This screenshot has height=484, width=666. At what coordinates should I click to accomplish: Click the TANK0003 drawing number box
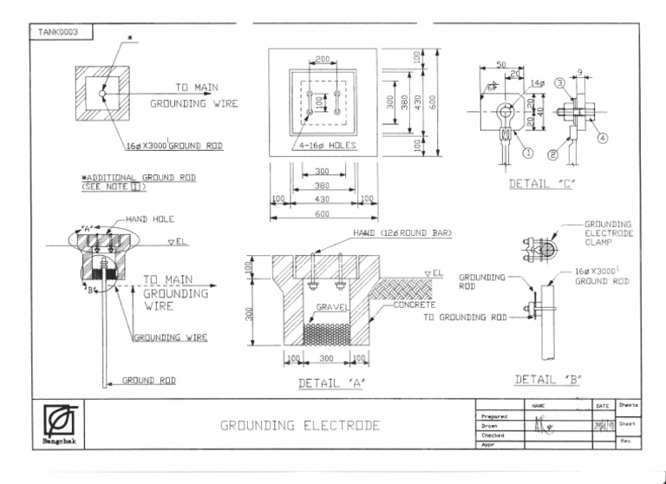click(x=59, y=32)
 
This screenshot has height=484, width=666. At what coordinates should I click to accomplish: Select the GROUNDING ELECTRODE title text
click(x=299, y=425)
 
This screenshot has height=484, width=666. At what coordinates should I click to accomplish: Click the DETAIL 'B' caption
click(x=547, y=379)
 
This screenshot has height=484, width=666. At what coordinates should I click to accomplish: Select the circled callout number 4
click(x=602, y=137)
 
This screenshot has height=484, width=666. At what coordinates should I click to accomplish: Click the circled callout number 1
click(x=527, y=154)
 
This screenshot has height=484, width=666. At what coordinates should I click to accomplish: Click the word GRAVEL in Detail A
click(x=332, y=307)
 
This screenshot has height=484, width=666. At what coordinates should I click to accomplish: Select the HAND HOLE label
click(x=150, y=219)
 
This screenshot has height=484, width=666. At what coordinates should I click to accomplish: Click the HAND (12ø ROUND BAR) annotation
click(x=402, y=233)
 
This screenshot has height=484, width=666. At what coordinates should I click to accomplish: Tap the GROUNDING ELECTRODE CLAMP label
click(x=608, y=233)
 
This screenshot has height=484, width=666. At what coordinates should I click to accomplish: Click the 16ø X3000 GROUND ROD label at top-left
click(x=173, y=146)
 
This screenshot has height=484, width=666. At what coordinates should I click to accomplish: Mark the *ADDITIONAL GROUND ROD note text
click(x=137, y=181)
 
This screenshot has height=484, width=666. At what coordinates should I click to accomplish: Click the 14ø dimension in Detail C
click(x=537, y=82)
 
